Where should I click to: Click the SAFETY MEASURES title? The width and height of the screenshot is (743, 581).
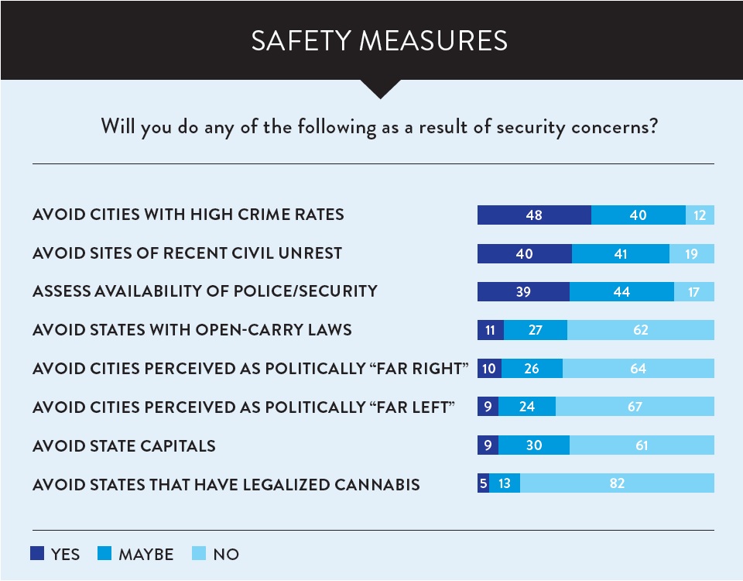(379, 41)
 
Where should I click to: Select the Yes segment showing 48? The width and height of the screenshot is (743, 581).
(534, 215)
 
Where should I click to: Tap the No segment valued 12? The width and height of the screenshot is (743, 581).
(700, 215)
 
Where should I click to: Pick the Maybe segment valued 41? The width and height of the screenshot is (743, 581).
(620, 253)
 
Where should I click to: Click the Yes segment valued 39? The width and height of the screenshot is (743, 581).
(523, 291)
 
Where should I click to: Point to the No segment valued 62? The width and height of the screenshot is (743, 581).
(640, 330)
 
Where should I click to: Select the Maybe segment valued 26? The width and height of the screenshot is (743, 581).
(532, 369)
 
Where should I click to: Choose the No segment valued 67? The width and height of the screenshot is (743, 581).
(635, 407)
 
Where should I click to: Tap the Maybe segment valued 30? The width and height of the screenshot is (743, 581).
(533, 445)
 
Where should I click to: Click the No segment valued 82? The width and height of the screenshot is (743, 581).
(617, 484)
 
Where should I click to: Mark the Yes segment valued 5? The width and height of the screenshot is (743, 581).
(484, 484)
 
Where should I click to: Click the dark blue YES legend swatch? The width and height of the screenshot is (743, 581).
(37, 553)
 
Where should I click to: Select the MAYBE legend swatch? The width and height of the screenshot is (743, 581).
(105, 553)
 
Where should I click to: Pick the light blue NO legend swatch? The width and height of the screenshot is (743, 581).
(199, 553)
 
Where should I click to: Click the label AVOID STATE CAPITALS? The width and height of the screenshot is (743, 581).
(124, 446)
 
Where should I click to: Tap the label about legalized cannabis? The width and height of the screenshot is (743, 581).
(226, 485)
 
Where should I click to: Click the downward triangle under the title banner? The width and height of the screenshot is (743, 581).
(379, 88)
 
